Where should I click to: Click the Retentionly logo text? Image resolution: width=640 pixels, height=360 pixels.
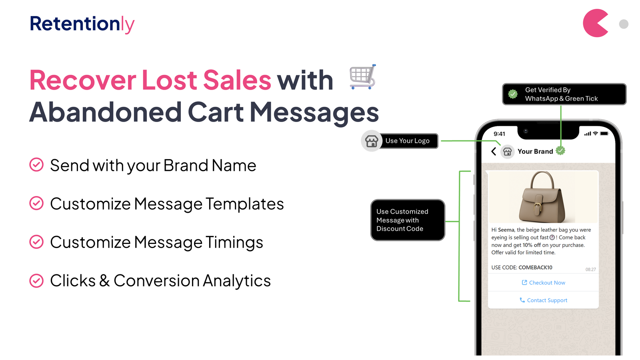82,24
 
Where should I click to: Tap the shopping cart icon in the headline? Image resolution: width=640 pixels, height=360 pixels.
363,77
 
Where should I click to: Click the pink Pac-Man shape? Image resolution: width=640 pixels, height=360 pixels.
595,23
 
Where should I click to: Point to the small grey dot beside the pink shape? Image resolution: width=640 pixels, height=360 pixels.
624,24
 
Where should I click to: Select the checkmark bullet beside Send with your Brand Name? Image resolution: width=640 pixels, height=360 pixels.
36,165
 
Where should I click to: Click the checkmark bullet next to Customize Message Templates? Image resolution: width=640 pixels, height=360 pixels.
36,203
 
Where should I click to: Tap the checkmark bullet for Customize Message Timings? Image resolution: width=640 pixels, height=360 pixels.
36,242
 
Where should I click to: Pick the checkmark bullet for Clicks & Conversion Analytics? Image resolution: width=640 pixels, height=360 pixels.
36,280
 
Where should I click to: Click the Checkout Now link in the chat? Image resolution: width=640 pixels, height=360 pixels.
544,282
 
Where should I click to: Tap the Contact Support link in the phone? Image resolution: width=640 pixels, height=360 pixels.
544,300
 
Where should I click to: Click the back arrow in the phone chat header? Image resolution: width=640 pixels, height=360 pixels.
494,152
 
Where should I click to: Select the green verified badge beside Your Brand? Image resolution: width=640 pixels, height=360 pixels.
560,150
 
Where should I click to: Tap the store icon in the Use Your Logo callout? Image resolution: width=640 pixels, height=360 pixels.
372,141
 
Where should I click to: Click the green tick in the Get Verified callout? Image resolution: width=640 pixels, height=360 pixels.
513,94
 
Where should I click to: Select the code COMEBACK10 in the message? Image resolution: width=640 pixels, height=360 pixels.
536,268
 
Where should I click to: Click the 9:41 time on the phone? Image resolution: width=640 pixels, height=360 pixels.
499,134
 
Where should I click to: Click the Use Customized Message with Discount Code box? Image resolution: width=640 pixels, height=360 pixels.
408,220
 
